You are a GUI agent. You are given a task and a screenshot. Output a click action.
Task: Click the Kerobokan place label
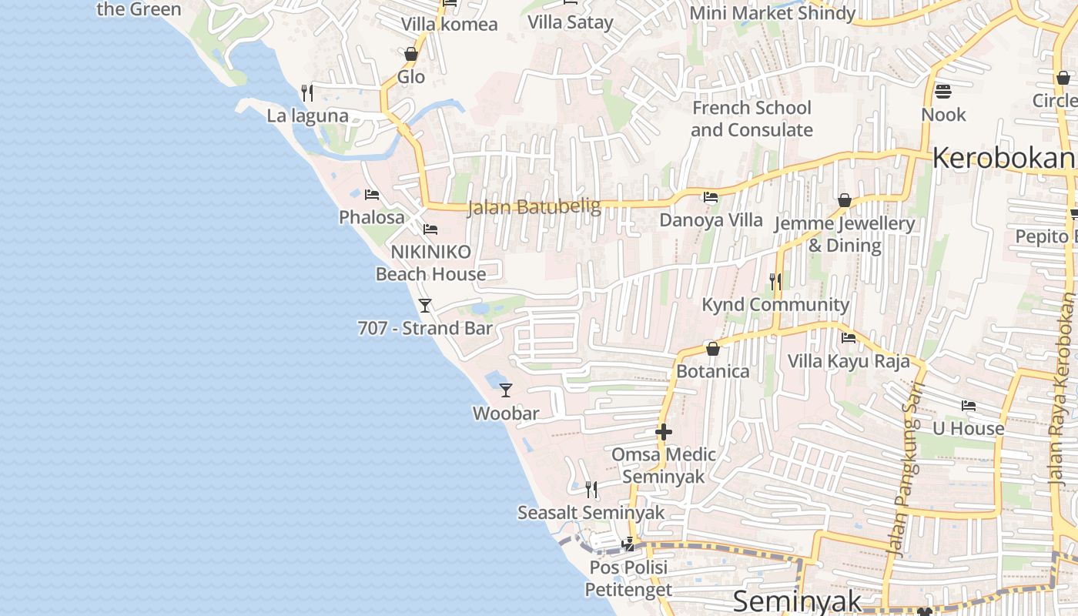coord(1003,158)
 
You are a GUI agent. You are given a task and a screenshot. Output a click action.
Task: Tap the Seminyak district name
coord(796,601)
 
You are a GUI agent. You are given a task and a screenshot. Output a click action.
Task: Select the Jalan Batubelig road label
coord(534,206)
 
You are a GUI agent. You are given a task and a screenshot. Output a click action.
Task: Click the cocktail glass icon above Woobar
coord(505,390)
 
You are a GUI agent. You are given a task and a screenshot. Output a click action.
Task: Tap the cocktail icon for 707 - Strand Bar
coord(424,306)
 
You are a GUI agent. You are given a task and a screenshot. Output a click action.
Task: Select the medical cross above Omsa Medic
coord(663,432)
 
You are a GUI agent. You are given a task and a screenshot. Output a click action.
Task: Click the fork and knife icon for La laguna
coord(307,93)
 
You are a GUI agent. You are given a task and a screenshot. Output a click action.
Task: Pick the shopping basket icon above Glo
coord(411,54)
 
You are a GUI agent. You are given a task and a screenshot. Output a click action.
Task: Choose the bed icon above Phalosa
coord(372,195)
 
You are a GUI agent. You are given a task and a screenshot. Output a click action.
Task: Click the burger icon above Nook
coord(943,92)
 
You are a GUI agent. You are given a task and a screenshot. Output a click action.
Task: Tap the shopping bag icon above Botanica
coord(712,349)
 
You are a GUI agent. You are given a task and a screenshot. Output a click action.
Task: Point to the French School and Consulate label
coord(752,119)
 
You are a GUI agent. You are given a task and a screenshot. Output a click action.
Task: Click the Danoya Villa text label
coord(711,220)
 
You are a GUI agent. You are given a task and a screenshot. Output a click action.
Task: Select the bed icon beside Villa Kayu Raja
coord(849,338)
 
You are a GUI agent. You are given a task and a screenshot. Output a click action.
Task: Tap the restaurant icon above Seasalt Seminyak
coord(591,489)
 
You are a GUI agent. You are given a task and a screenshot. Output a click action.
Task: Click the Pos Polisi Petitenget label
coord(628,578)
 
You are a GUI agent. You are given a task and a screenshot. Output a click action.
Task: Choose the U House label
coord(968,428)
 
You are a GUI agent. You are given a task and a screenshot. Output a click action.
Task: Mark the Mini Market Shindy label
coord(772,13)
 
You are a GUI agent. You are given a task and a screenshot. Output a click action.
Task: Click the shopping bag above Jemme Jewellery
coord(845,200)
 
